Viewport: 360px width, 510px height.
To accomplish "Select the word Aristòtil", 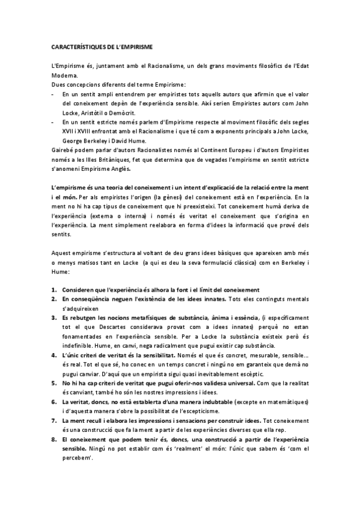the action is (x=89, y=112).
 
